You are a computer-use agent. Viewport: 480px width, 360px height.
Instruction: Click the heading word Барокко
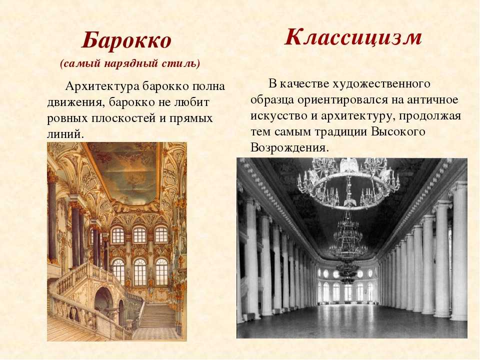[126, 40]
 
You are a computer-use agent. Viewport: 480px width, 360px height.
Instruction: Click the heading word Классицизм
[353, 37]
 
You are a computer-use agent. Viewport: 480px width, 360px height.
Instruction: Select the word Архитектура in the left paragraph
[103, 86]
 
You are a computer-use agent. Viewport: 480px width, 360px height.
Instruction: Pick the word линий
[65, 134]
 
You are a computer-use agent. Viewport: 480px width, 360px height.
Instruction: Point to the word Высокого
[398, 132]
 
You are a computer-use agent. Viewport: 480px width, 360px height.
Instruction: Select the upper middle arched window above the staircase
[139, 235]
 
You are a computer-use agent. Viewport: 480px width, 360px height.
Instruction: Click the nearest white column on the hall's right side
[458, 251]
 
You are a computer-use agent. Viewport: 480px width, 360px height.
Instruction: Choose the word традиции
[341, 132]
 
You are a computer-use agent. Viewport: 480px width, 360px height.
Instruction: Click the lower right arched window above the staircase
[161, 271]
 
